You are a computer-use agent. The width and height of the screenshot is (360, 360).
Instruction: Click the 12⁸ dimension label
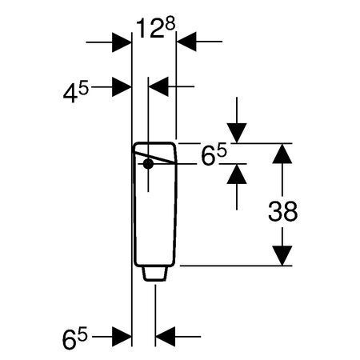click(x=155, y=28)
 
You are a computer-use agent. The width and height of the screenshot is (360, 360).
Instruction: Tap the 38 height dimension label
click(x=282, y=211)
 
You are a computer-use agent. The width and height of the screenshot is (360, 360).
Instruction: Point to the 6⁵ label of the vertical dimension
click(x=214, y=155)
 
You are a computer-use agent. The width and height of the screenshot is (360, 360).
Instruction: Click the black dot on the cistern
click(x=148, y=164)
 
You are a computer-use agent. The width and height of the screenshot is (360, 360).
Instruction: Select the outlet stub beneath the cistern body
click(x=155, y=274)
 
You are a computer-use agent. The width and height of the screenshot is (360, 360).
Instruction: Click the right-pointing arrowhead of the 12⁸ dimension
click(x=122, y=42)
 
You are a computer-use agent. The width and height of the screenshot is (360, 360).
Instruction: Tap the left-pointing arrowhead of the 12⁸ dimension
click(x=186, y=42)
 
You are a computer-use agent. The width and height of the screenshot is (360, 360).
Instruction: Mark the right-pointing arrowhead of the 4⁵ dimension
click(x=122, y=87)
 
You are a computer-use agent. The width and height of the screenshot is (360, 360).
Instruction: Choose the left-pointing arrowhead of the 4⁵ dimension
click(x=158, y=86)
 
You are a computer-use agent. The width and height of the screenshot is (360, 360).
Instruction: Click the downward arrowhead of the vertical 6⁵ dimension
click(x=237, y=133)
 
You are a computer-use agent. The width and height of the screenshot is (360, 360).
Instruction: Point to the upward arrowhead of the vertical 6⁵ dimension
click(x=237, y=174)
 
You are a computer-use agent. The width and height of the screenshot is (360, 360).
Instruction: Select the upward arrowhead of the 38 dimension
click(x=282, y=154)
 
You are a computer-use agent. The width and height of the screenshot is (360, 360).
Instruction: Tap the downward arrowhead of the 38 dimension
click(x=282, y=255)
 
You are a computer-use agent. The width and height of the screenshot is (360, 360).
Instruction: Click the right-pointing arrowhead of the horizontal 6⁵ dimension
click(x=122, y=337)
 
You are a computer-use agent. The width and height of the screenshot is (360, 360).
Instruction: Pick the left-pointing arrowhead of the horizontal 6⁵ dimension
click(x=165, y=337)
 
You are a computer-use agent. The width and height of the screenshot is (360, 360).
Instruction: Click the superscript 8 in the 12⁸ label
click(x=170, y=24)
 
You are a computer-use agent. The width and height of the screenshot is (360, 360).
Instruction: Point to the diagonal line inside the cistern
click(x=154, y=158)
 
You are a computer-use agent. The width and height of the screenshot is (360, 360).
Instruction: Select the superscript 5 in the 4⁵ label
click(x=83, y=89)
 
